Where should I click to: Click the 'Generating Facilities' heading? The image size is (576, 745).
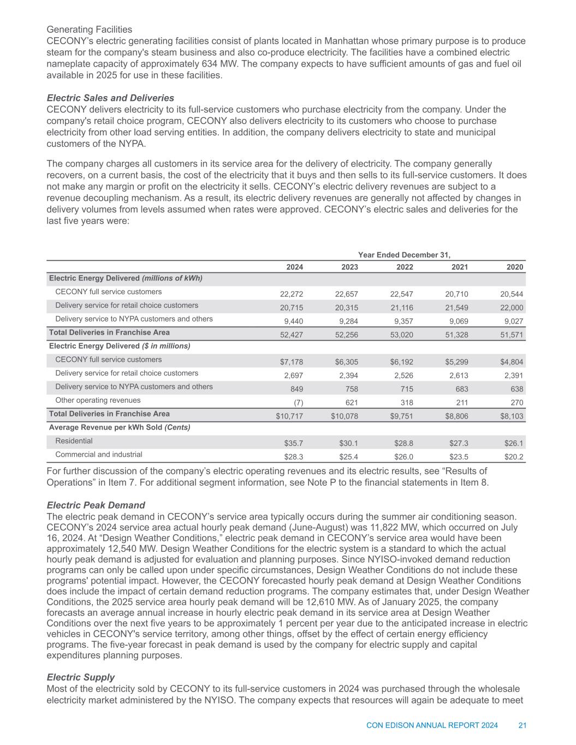90,29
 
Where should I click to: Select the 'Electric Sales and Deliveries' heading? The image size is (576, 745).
110,98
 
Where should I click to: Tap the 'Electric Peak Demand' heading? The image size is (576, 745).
96,505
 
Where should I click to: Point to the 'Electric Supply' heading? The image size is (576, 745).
81,677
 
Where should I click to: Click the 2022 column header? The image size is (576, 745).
405,267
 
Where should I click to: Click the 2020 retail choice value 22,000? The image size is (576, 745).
512,307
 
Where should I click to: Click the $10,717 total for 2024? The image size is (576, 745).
289,416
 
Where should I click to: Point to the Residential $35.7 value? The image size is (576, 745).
294,443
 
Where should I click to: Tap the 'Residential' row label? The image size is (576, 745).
74,440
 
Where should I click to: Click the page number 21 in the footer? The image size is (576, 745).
522,725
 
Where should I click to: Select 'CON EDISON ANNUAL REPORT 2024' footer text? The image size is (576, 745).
432,725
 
